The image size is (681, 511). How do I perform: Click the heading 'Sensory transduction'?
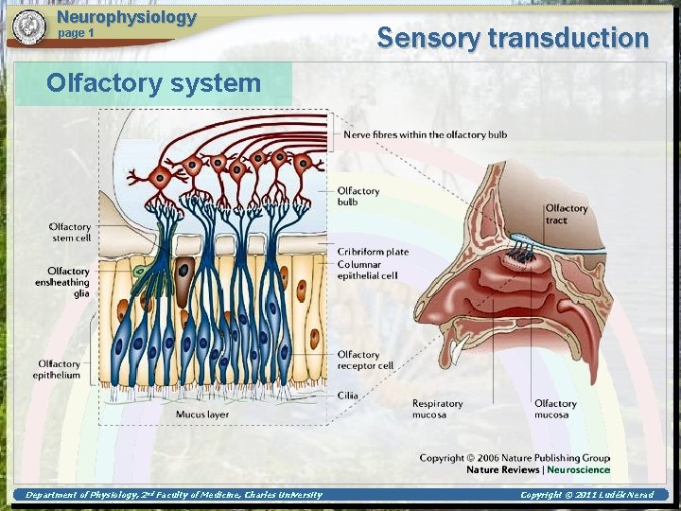click(x=513, y=38)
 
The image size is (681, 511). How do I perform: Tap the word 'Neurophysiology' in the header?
click(x=127, y=17)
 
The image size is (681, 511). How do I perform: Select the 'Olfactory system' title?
click(x=153, y=82)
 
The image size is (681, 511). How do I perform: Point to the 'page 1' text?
click(x=77, y=33)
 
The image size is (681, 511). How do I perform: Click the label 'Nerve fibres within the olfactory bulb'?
click(x=425, y=134)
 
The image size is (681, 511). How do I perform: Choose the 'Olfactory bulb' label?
click(x=358, y=197)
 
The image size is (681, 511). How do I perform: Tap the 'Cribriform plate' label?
click(x=374, y=252)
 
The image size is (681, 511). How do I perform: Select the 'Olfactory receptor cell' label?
click(x=365, y=361)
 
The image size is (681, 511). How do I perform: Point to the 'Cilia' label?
click(x=347, y=396)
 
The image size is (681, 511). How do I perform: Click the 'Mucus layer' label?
click(x=201, y=414)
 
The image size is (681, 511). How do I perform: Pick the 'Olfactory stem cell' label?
click(x=70, y=232)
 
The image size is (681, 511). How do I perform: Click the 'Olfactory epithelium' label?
click(x=59, y=369)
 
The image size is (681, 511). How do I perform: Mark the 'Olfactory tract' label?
click(x=566, y=214)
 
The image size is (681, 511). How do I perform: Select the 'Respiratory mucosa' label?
click(x=438, y=409)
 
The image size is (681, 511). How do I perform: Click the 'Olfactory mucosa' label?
click(x=555, y=409)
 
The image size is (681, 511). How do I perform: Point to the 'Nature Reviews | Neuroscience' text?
click(x=537, y=469)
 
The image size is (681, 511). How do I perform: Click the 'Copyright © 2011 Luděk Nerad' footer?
click(x=586, y=495)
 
